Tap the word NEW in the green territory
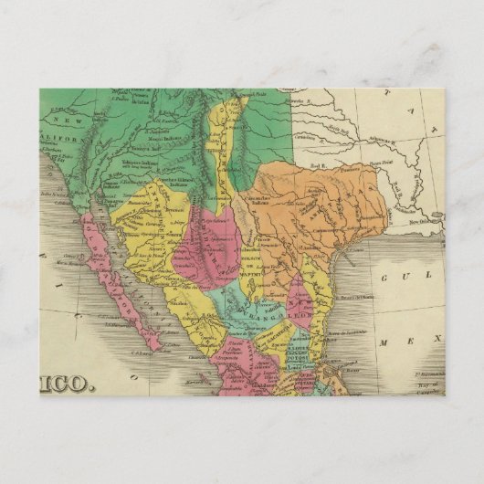click(x=61, y=119)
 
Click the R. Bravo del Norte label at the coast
click(x=360, y=298)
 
